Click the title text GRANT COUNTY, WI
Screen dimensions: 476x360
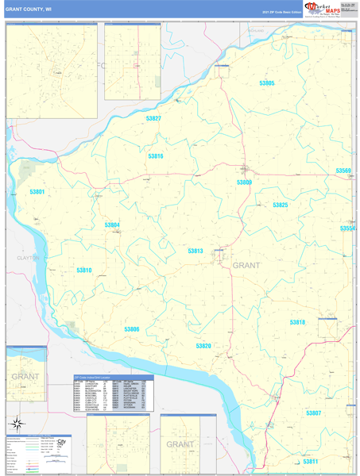(29, 10)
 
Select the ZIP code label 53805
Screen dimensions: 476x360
(266, 83)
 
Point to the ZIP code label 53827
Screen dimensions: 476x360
(153, 118)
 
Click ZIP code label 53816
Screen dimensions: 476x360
(155, 156)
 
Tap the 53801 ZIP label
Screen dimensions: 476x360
(37, 192)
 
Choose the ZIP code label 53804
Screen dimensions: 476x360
(112, 225)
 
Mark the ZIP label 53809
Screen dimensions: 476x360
(244, 182)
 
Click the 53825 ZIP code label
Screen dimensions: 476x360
(280, 205)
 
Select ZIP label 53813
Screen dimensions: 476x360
(195, 251)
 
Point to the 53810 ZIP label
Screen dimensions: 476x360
(84, 271)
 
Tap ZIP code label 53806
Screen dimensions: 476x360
(131, 329)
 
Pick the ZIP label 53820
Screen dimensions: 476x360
(203, 346)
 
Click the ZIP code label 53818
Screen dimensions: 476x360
(297, 322)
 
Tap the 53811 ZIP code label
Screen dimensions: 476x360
(309, 461)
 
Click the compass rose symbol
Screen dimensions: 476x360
(14, 422)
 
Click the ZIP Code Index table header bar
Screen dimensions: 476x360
(110, 377)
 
